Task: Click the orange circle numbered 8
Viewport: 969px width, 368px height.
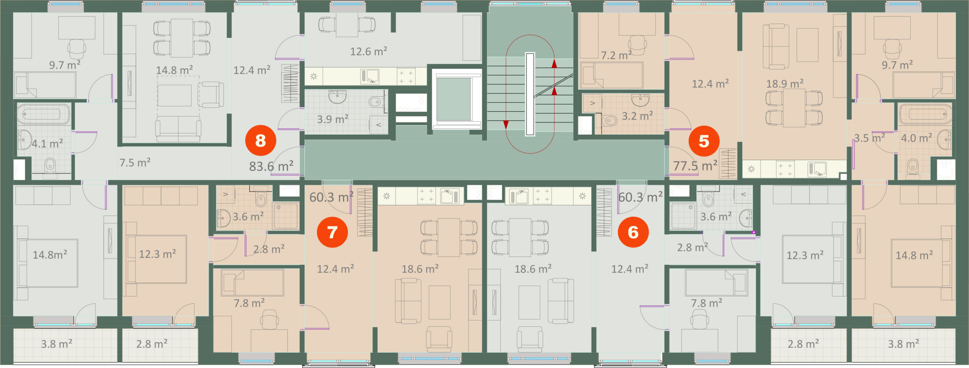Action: coord(260,141)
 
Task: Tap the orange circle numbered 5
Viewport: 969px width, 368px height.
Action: coord(704,141)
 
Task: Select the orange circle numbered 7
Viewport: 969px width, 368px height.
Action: coord(332,232)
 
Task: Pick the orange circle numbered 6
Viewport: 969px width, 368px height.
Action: coord(633,232)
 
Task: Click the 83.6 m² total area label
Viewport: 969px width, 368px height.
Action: coord(271,166)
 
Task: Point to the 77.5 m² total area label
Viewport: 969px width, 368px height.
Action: coord(695,165)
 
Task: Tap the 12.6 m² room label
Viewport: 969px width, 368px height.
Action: coord(368,51)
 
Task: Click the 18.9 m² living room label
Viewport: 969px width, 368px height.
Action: coord(785,83)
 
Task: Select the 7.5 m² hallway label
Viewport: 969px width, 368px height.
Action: coord(135,162)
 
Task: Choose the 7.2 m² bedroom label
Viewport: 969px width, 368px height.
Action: coord(616,55)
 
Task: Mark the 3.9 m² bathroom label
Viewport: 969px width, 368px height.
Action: coord(332,119)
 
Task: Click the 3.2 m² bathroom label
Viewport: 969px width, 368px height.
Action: coord(637,116)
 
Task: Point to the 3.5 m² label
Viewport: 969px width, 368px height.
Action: coord(869,138)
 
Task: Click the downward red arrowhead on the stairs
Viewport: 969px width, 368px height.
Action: coord(506,125)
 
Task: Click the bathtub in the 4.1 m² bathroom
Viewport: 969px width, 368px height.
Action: coord(44,114)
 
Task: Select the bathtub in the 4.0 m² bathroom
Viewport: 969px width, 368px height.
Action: coord(925,114)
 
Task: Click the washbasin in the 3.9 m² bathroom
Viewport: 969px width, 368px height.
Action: coord(337,96)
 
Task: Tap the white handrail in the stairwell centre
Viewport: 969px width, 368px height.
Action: coord(530,94)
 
